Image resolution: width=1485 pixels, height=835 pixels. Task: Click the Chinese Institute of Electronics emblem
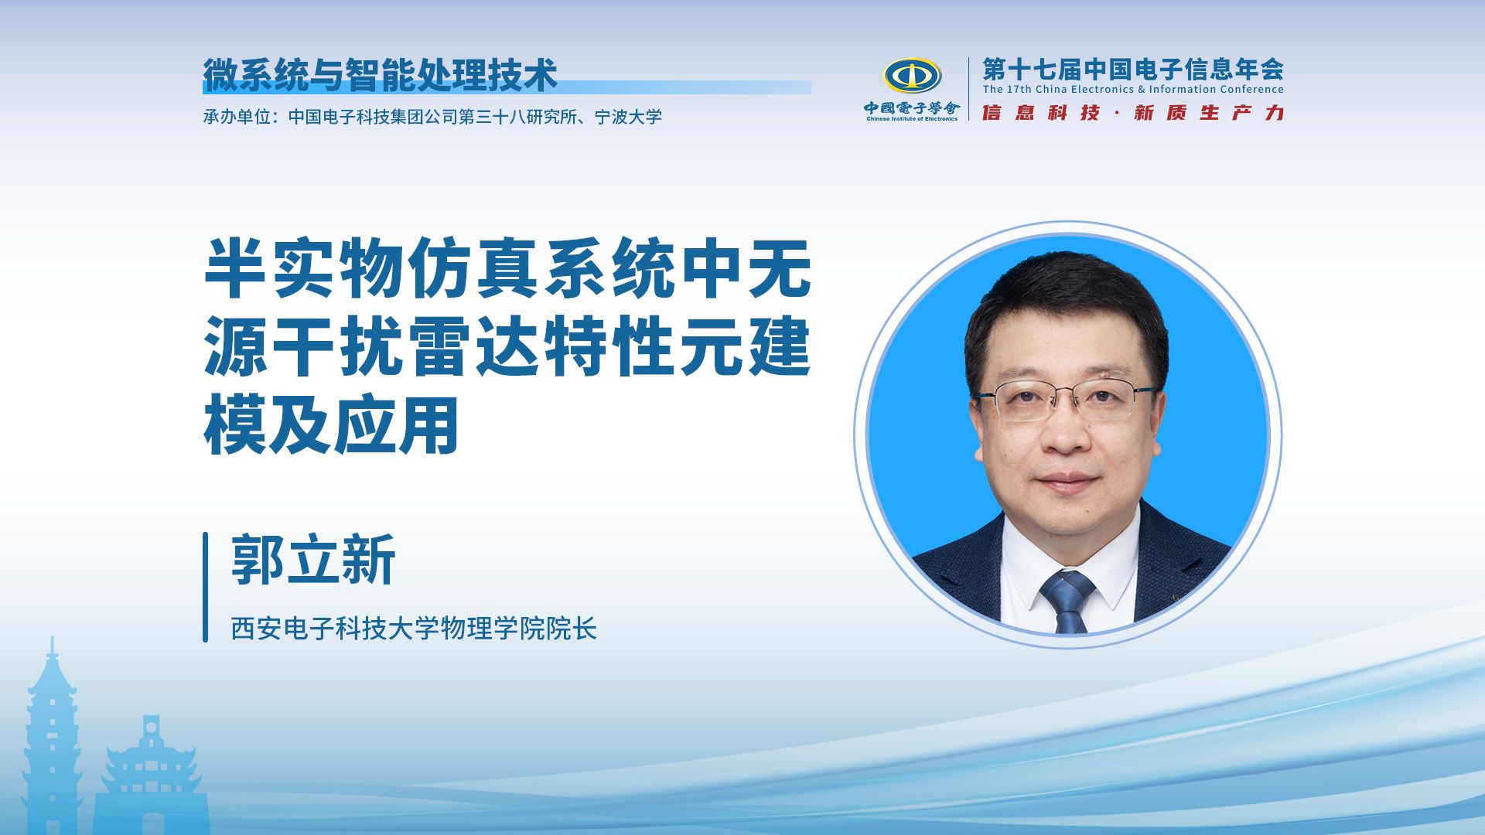coord(912,77)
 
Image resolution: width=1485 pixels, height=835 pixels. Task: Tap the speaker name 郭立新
coord(313,559)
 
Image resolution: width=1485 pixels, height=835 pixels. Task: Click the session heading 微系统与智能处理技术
coord(380,75)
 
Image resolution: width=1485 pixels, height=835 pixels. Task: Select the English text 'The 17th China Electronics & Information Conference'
coord(1133,90)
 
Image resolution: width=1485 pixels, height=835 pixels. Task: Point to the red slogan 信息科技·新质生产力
coord(1133,113)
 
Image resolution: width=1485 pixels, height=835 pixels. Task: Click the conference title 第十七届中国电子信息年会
coord(1133,70)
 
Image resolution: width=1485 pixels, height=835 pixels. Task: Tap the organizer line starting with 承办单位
coord(432,117)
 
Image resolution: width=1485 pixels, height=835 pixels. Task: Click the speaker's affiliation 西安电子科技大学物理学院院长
coord(414,629)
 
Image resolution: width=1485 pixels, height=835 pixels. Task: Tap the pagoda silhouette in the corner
coord(51,734)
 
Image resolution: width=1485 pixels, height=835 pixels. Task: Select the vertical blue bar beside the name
coord(206,587)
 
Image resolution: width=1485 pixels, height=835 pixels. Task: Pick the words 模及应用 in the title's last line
coord(332,426)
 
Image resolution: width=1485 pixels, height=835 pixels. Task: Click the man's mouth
coord(1068,480)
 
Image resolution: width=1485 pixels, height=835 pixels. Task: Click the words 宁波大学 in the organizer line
coord(628,117)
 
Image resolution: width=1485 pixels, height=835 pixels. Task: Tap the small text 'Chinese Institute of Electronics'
coord(912,119)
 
